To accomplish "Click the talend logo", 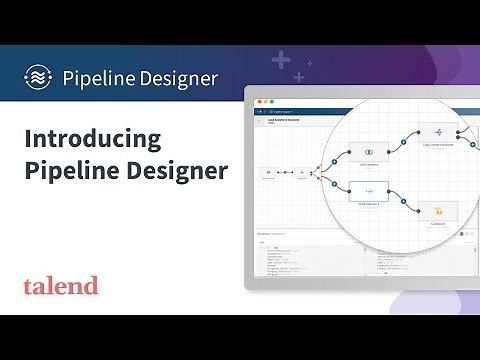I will (x=61, y=286).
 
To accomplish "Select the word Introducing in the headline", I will (x=93, y=140).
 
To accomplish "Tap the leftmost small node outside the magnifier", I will (x=269, y=172).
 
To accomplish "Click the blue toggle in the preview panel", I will (x=462, y=233).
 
